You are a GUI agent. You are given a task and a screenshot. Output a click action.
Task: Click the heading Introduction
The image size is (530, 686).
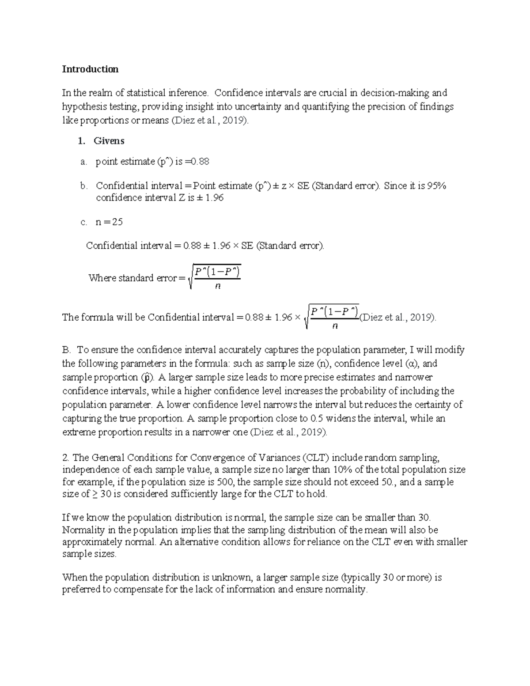[90, 69]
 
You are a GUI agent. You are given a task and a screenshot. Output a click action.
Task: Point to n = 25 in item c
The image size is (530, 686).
[109, 222]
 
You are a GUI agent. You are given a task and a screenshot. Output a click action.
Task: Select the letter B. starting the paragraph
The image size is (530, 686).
[67, 350]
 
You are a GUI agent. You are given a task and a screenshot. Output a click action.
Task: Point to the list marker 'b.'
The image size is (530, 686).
[84, 186]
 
